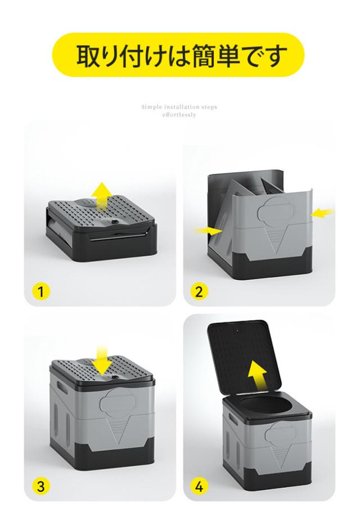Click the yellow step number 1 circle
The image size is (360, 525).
(41, 291)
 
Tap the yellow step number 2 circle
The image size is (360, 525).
(199, 291)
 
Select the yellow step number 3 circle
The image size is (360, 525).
(41, 486)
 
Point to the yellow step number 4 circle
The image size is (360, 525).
(199, 486)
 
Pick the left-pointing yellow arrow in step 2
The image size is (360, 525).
(322, 212)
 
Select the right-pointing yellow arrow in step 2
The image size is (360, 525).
(209, 230)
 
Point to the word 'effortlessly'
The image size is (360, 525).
(179, 115)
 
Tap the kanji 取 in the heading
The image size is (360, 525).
(89, 56)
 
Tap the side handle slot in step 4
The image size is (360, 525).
(232, 418)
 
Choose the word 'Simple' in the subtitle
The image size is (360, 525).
(151, 107)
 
